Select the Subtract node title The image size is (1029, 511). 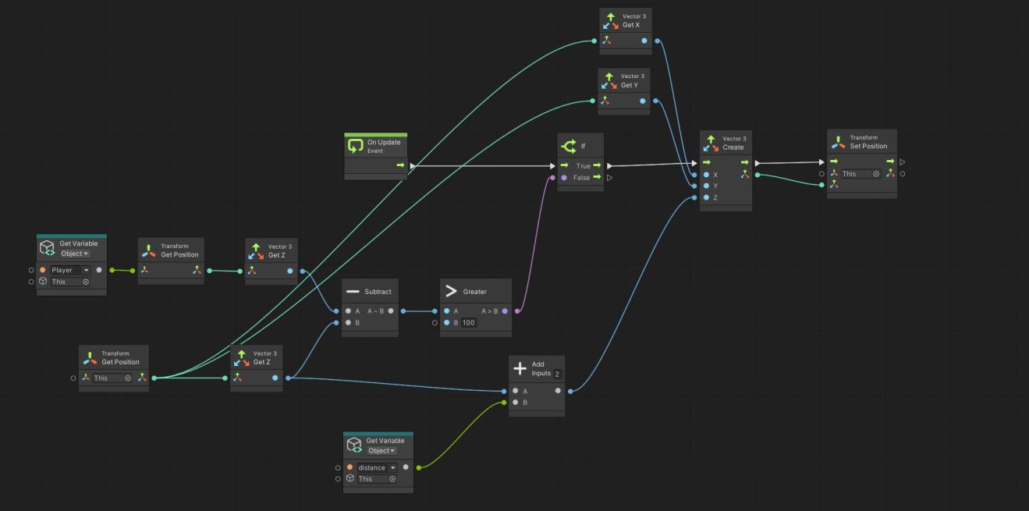[378, 292]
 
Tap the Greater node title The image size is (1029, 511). [474, 292]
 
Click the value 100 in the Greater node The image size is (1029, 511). [469, 322]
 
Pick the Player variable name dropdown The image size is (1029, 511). [71, 270]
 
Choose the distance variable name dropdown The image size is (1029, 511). [377, 467]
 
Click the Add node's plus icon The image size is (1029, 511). [520, 369]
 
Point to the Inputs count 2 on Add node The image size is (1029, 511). [557, 374]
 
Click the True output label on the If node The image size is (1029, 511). [583, 165]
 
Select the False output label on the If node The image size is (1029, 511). [581, 178]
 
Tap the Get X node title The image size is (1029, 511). [631, 25]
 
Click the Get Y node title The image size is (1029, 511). [630, 85]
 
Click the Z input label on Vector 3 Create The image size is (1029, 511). [715, 198]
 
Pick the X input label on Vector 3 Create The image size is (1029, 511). [715, 175]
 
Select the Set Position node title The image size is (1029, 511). [868, 146]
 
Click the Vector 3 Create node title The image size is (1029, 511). [733, 147]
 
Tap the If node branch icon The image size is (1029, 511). [569, 146]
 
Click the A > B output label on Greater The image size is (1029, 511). [489, 311]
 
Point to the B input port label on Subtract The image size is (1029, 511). [357, 322]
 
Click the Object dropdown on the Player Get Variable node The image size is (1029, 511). [75, 254]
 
